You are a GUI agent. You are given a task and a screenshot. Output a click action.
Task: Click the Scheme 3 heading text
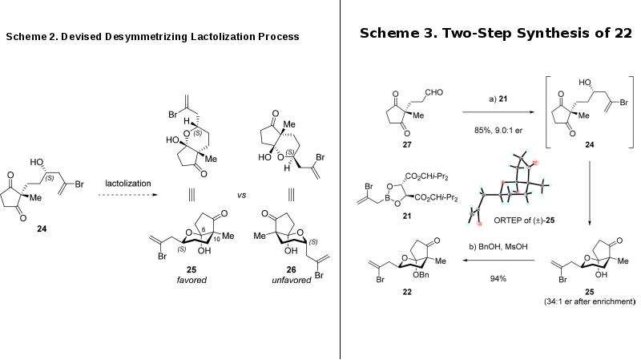tap(495, 33)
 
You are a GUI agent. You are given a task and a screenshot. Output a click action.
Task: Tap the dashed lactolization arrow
tap(128, 195)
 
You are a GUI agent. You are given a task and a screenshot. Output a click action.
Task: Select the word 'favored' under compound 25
tap(191, 281)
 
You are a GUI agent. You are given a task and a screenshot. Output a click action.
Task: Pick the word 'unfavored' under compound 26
tap(292, 281)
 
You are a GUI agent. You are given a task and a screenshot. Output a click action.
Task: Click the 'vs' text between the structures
tap(242, 195)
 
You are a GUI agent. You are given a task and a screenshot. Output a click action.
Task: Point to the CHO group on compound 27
tap(433, 92)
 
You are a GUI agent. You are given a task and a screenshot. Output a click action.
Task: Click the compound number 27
tap(407, 144)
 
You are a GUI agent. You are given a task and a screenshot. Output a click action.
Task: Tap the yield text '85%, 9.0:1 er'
tap(498, 131)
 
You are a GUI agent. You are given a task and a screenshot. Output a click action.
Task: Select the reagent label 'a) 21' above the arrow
tap(498, 99)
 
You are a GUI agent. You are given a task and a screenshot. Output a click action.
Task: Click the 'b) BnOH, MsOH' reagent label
tap(498, 247)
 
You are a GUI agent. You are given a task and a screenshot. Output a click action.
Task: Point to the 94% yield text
tap(498, 278)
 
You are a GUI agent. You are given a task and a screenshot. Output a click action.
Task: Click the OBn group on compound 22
tap(421, 275)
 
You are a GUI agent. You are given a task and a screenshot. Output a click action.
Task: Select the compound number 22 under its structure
tap(407, 292)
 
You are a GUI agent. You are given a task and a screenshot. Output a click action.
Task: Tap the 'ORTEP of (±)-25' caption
tap(524, 220)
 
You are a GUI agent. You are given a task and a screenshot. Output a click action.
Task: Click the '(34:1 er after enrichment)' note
tap(590, 301)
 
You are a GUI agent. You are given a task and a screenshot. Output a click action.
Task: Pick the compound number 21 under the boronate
tap(407, 216)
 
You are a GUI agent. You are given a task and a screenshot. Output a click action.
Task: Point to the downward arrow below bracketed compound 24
tap(590, 192)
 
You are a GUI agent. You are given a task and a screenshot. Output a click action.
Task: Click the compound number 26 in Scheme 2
tap(291, 269)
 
